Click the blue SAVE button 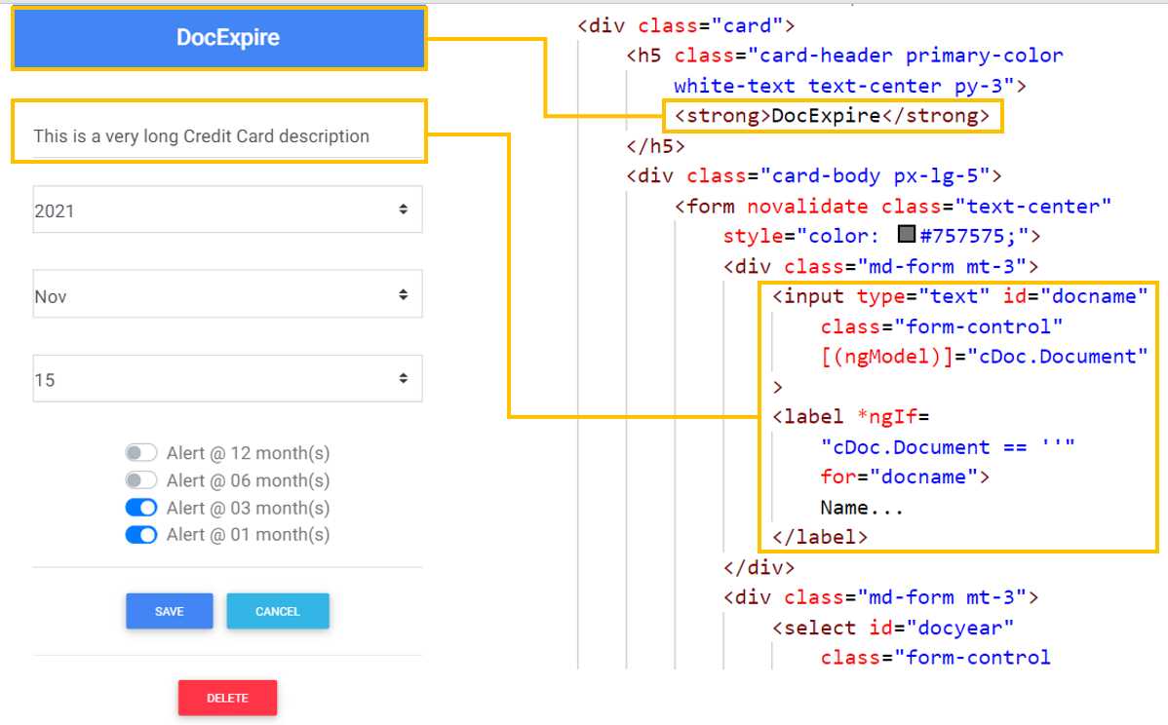(x=169, y=611)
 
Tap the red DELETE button (x=227, y=698)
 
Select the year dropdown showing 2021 (x=227, y=210)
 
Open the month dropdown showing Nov (x=227, y=294)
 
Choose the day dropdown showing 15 (x=227, y=379)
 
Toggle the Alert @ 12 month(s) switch (x=141, y=453)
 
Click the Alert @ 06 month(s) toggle (x=141, y=480)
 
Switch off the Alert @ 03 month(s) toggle (x=141, y=508)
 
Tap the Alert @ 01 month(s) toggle (x=141, y=535)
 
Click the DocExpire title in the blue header (x=227, y=38)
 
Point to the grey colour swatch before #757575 (x=907, y=235)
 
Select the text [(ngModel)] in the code (x=885, y=357)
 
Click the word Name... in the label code (x=862, y=508)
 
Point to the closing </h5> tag (x=655, y=146)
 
